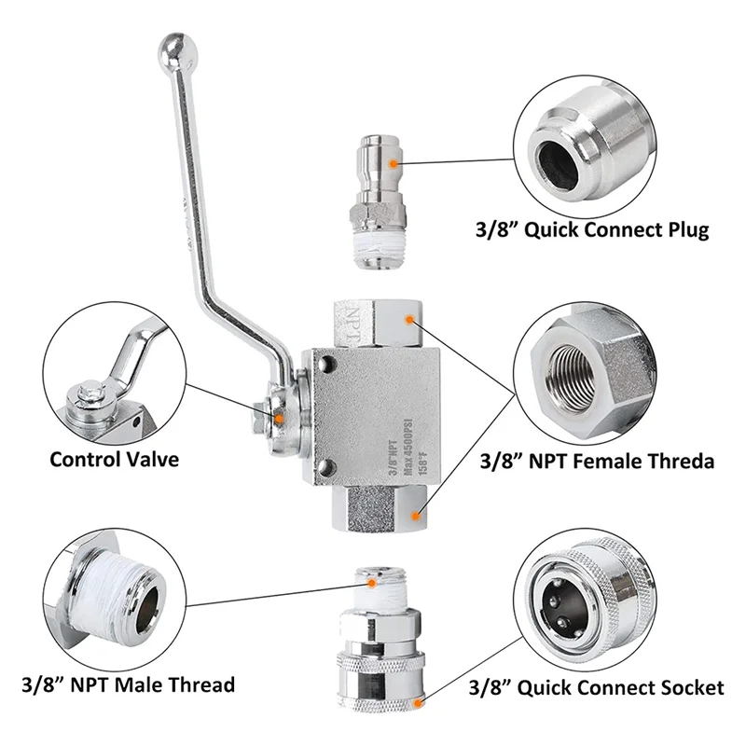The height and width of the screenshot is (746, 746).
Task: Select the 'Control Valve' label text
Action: click(x=114, y=459)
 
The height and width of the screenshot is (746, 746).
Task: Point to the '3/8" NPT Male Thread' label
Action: click(x=128, y=685)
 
